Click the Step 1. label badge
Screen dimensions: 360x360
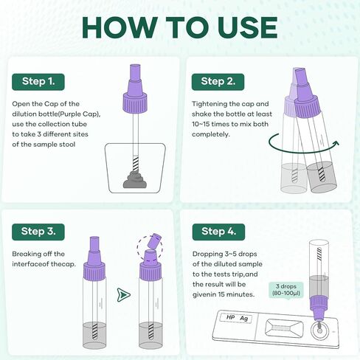tap(38, 82)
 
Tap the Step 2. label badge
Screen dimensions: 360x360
tap(218, 82)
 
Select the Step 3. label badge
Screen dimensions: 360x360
tap(38, 232)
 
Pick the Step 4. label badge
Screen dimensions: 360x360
tap(218, 232)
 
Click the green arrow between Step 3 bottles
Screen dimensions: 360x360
tap(124, 294)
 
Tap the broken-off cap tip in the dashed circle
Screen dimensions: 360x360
tap(154, 241)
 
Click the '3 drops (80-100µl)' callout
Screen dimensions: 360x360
tap(286, 290)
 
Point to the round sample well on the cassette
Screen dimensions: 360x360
tap(319, 330)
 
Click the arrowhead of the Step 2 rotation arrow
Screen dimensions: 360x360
tap(336, 143)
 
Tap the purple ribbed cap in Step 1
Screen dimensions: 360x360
tap(135, 103)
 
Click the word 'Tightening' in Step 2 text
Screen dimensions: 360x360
tap(210, 104)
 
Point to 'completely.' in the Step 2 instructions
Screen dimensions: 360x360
tap(211, 134)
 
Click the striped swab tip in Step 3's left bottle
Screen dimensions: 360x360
tap(94, 331)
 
